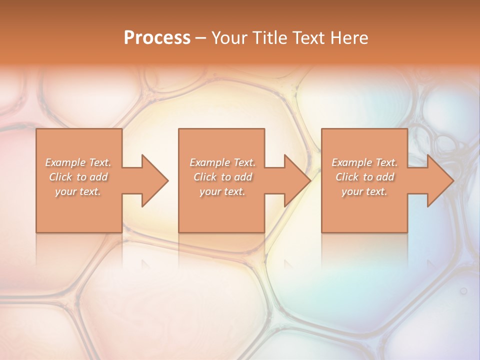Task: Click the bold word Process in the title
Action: (x=157, y=38)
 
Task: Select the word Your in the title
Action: (x=227, y=38)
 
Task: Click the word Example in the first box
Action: (x=65, y=162)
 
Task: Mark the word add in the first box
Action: (x=99, y=177)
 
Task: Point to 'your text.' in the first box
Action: (x=78, y=191)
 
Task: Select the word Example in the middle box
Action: (x=209, y=162)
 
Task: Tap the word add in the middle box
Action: (x=243, y=177)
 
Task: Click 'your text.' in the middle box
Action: (x=222, y=191)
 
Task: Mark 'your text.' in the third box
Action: (x=364, y=191)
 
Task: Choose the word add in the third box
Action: (x=385, y=177)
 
